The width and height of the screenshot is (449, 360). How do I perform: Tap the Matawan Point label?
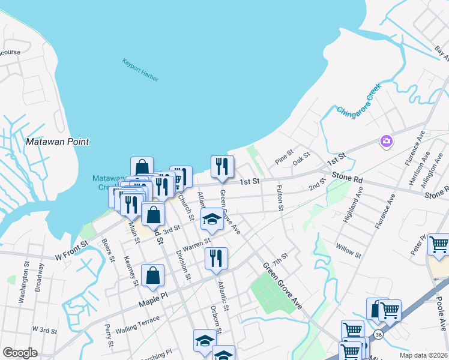click(x=58, y=142)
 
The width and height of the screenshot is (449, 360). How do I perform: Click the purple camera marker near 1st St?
click(x=386, y=142)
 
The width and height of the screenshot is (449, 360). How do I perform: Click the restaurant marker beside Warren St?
click(x=215, y=258)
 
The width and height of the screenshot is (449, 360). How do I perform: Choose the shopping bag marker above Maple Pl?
click(x=152, y=275)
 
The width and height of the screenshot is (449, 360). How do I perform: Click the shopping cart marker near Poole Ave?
click(x=438, y=245)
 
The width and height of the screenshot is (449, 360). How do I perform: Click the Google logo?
click(x=20, y=353)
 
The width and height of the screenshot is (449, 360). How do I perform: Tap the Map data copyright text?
click(x=423, y=355)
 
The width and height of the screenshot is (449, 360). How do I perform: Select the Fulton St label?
click(x=280, y=197)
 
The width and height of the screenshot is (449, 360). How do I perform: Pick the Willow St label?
click(x=349, y=250)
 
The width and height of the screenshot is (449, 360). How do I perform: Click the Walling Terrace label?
click(x=139, y=323)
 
